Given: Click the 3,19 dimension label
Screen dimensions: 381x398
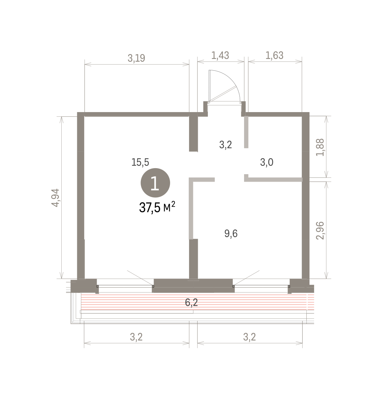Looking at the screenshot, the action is coord(136,58).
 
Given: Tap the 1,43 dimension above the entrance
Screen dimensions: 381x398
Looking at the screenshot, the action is coord(220,56).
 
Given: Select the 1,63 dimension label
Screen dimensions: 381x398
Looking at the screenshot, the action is coord(275,56).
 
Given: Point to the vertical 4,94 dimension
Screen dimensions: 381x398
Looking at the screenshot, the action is coord(55,198).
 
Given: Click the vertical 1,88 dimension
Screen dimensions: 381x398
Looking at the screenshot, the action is coord(320,148).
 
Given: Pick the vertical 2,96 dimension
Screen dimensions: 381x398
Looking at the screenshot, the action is coord(320,231).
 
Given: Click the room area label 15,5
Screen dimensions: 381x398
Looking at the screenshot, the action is coord(140,163).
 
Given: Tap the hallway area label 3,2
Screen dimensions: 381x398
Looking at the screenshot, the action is coord(225,145).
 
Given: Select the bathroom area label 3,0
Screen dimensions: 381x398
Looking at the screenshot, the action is coord(267,163).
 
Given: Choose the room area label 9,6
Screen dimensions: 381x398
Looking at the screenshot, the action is coord(231,233).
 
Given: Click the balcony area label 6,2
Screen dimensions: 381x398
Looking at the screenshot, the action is coord(191,302).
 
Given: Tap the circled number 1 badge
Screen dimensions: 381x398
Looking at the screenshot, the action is coord(155,183).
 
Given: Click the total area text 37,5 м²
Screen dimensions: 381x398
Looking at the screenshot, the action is coord(157,207).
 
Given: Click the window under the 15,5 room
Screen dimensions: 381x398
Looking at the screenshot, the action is coord(125,286).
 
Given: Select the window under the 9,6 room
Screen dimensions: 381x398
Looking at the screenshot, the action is coord(261,286).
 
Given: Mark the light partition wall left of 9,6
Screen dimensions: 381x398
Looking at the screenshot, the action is coord(191,208).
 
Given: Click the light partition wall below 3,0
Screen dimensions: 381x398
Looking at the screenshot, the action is coord(273,179).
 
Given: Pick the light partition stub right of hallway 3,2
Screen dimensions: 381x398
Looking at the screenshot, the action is coord(246,132).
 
